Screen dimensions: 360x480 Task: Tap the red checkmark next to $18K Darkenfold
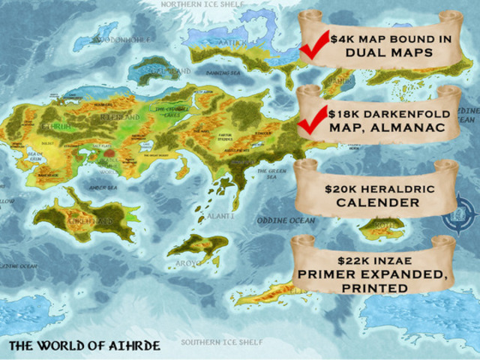(311, 120)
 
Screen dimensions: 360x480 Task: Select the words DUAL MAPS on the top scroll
(379, 53)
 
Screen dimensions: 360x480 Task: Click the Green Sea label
(272, 174)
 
